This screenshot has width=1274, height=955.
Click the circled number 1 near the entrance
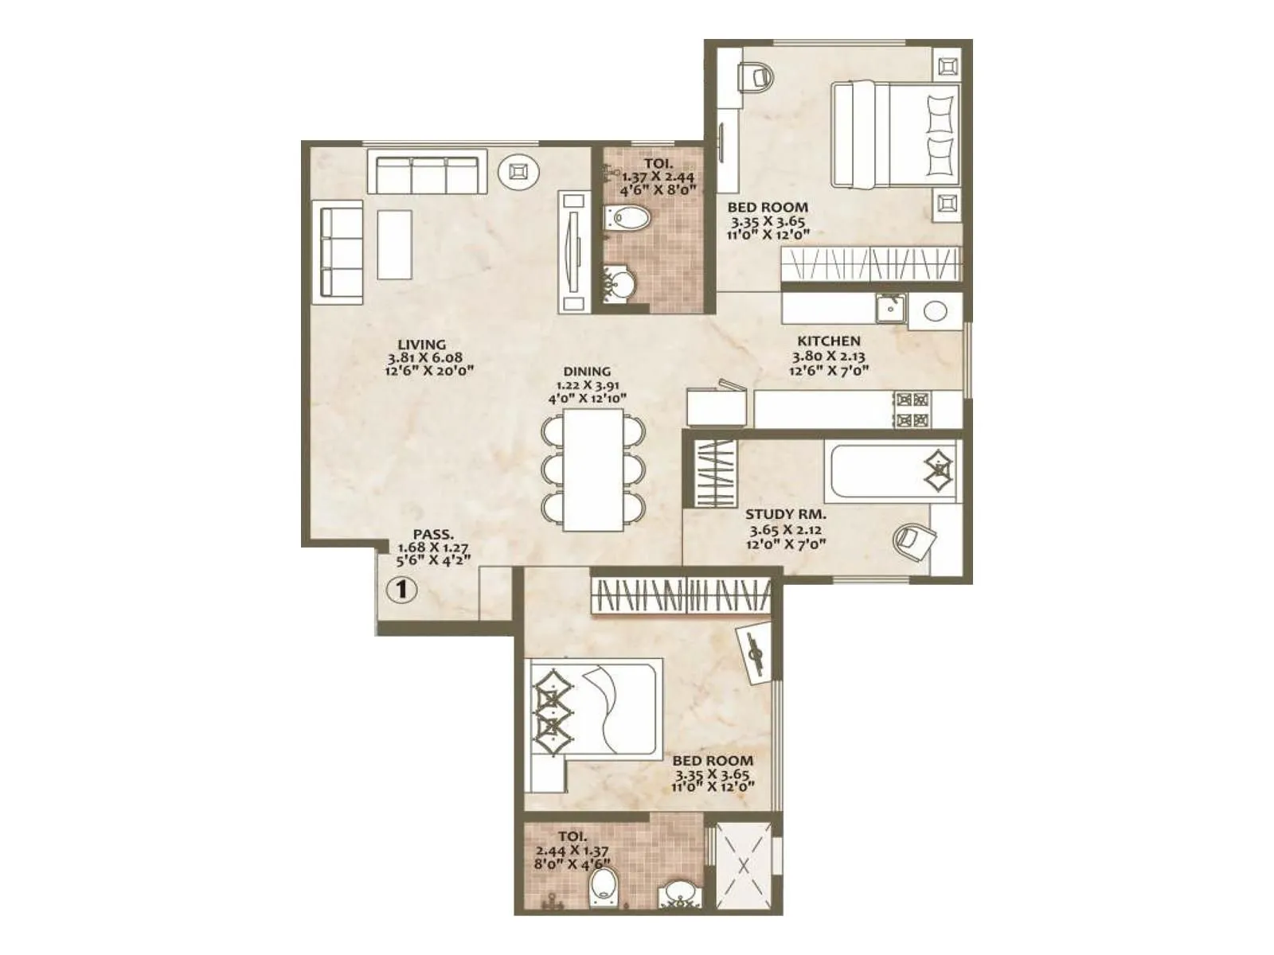(x=401, y=591)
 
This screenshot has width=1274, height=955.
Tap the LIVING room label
(x=422, y=345)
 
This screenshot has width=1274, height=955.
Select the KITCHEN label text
(x=829, y=341)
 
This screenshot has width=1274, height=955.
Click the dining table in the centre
(x=593, y=470)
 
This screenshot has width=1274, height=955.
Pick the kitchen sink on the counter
(x=890, y=308)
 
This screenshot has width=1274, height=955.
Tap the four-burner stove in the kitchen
(x=913, y=410)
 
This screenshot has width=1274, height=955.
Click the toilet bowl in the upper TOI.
(x=628, y=217)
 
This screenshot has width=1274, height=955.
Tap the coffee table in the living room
(x=394, y=244)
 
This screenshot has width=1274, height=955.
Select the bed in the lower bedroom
(x=593, y=708)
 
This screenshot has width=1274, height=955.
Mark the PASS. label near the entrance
(x=434, y=534)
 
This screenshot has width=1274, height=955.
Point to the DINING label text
(x=587, y=372)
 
